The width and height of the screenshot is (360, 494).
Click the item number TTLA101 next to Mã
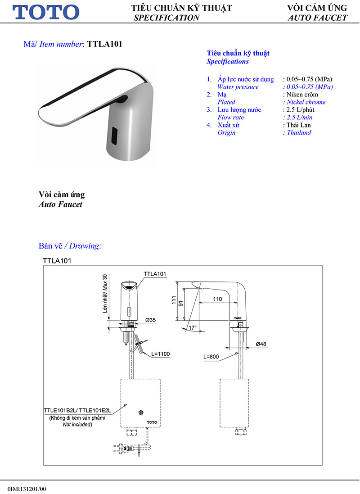click(x=104, y=44)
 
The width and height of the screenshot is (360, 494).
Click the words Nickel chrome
click(x=304, y=102)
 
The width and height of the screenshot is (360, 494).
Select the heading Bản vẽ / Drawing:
click(x=70, y=246)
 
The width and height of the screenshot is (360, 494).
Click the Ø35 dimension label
click(x=150, y=320)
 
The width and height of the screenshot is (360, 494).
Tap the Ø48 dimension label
click(x=261, y=344)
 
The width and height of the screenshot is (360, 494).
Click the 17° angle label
click(x=193, y=328)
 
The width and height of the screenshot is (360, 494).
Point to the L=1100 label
click(x=160, y=354)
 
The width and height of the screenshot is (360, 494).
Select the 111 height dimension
click(x=174, y=300)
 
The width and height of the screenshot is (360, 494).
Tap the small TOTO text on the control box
click(x=152, y=422)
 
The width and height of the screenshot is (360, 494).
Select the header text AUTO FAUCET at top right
click(x=317, y=18)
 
